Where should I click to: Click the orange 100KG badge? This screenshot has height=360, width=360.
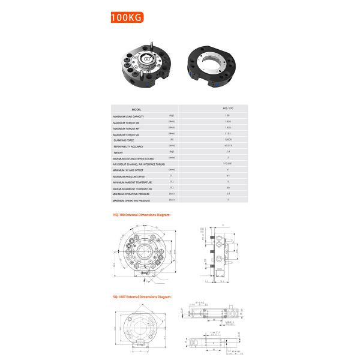coord(125,17)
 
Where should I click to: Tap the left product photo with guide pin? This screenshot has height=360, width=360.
coord(146,66)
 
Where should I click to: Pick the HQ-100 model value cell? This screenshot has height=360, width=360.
coord(227,109)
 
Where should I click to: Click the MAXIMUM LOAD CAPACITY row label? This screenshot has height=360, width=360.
coord(128,116)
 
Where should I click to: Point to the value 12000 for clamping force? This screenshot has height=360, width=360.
coord(227,139)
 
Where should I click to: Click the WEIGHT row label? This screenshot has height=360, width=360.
coord(118,152)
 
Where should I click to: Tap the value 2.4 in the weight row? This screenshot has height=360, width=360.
coord(227,152)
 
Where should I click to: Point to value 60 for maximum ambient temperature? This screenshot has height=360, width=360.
coord(227,188)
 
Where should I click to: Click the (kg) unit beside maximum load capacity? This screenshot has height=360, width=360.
coord(172,115)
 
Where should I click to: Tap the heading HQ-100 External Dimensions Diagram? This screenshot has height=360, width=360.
coord(142,214)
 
